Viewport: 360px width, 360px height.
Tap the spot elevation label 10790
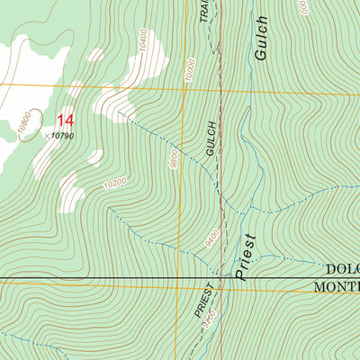(61, 136)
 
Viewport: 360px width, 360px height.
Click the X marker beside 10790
(46, 135)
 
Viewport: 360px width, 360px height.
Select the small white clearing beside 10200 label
(69, 191)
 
